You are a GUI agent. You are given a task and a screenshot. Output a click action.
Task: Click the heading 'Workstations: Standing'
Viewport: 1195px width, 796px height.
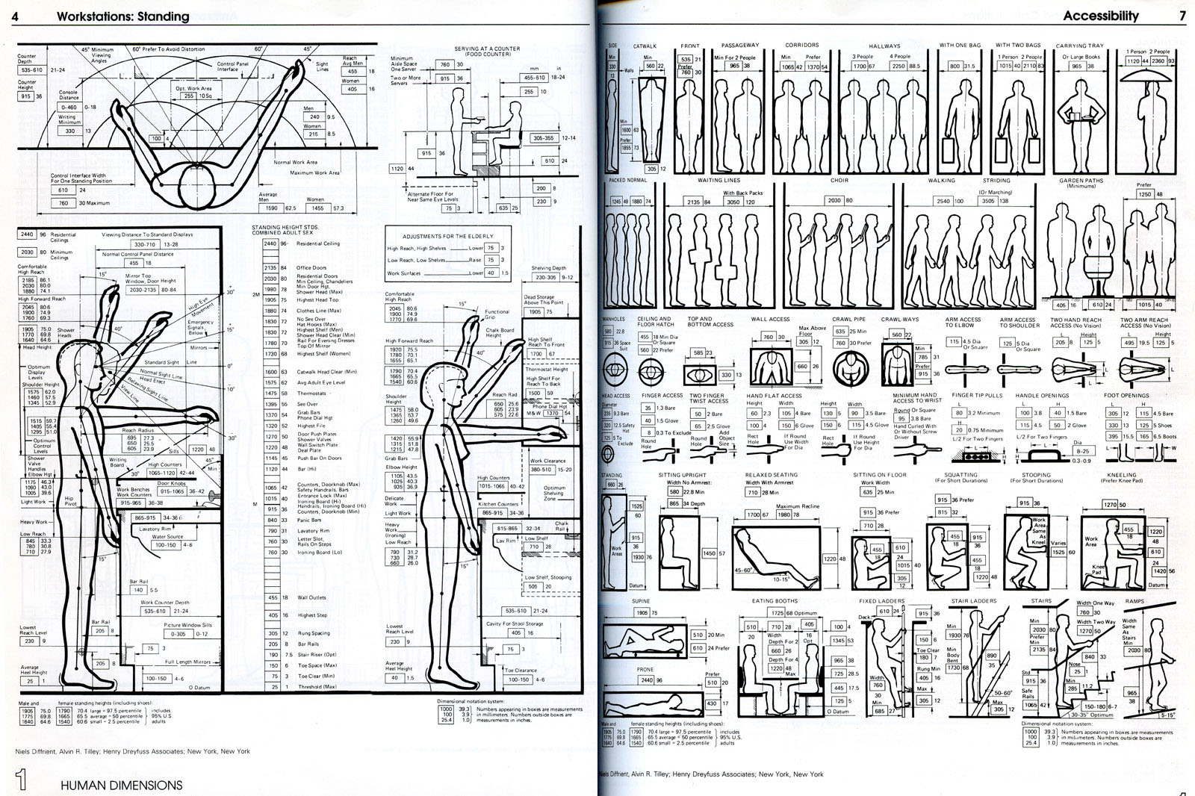point(122,16)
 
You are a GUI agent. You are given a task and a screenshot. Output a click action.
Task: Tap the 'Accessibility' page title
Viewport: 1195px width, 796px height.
point(1100,16)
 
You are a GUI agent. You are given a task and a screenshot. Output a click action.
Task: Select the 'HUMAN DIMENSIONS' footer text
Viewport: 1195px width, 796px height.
point(121,785)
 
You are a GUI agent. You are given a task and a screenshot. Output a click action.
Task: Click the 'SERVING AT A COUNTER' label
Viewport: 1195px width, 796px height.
point(487,49)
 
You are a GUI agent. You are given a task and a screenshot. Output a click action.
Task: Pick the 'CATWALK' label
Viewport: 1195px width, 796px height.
point(645,46)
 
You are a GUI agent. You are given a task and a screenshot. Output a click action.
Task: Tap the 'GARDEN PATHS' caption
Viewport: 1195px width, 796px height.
point(1081,181)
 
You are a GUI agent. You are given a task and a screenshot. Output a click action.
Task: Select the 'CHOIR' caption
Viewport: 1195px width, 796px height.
point(839,181)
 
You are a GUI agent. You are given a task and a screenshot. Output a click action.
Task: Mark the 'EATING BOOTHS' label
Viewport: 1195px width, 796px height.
point(775,600)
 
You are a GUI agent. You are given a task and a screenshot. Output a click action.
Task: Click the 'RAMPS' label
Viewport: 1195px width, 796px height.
point(1135,601)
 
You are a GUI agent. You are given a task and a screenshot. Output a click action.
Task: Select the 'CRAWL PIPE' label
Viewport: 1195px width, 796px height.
point(848,320)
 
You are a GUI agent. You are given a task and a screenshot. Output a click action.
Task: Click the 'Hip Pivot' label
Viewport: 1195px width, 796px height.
point(69,500)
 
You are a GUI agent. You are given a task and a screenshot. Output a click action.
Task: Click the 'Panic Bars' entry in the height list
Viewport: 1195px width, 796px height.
point(309,520)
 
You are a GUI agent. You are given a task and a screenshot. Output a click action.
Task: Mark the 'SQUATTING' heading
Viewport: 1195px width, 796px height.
point(960,475)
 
